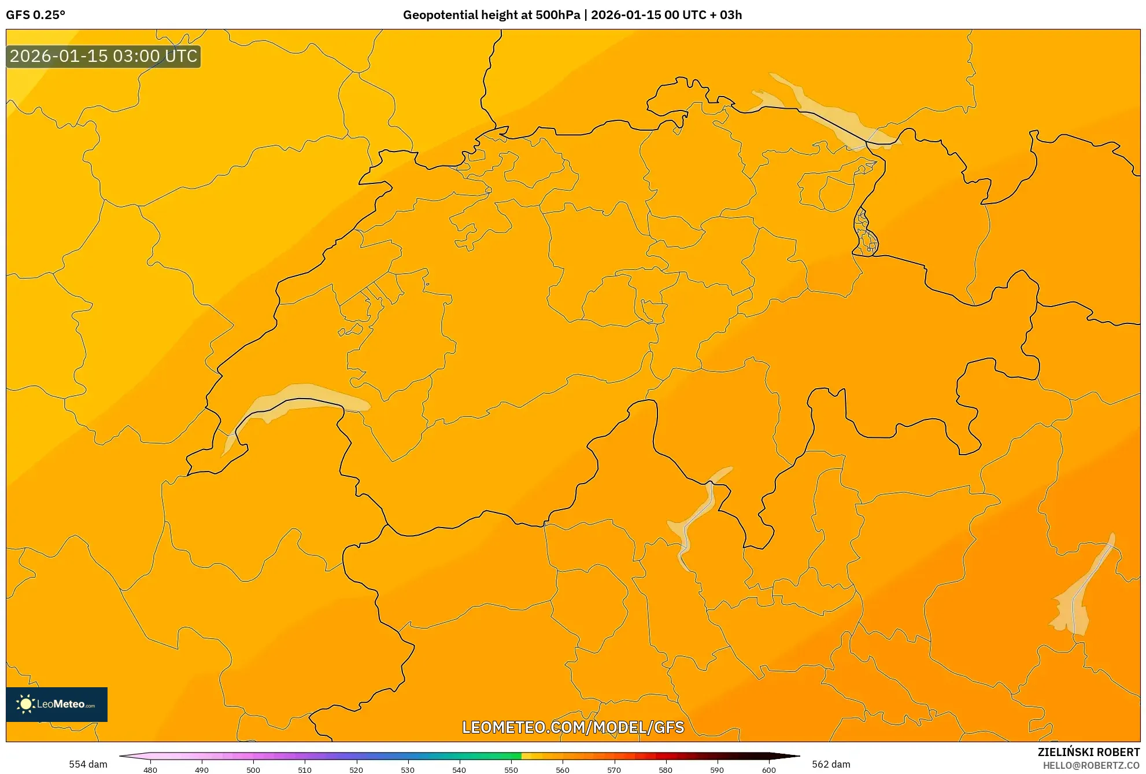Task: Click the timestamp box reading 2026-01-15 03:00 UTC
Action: [103, 57]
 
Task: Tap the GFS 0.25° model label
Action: [36, 15]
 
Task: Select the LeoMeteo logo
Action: [57, 704]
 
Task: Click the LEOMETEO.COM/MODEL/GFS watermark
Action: [572, 727]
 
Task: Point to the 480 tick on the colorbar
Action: [150, 769]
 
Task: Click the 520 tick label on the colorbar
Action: [356, 769]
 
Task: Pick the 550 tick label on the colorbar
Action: [511, 769]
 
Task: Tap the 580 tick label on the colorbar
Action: [666, 769]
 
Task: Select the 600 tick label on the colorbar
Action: [768, 769]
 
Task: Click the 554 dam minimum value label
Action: [88, 764]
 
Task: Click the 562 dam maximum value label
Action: [831, 764]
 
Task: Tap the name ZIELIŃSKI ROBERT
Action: [1088, 752]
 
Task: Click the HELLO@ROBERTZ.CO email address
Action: [1090, 765]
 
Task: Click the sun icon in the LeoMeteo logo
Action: [25, 704]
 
